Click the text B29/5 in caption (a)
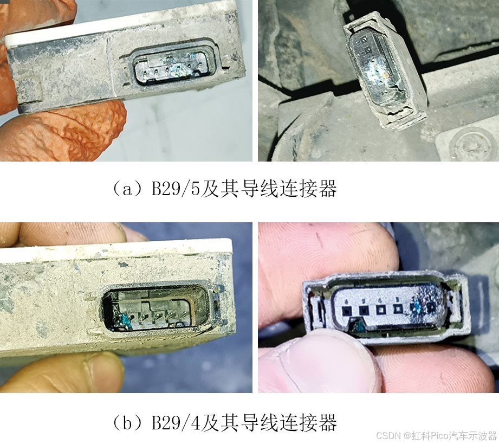tap(176, 189)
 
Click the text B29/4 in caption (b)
tap(176, 422)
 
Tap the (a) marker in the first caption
tap(127, 189)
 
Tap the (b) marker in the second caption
tap(127, 423)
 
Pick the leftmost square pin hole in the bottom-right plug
tap(346, 310)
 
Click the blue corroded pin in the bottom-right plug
tap(415, 308)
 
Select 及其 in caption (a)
tap(219, 189)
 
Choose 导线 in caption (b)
tap(260, 422)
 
